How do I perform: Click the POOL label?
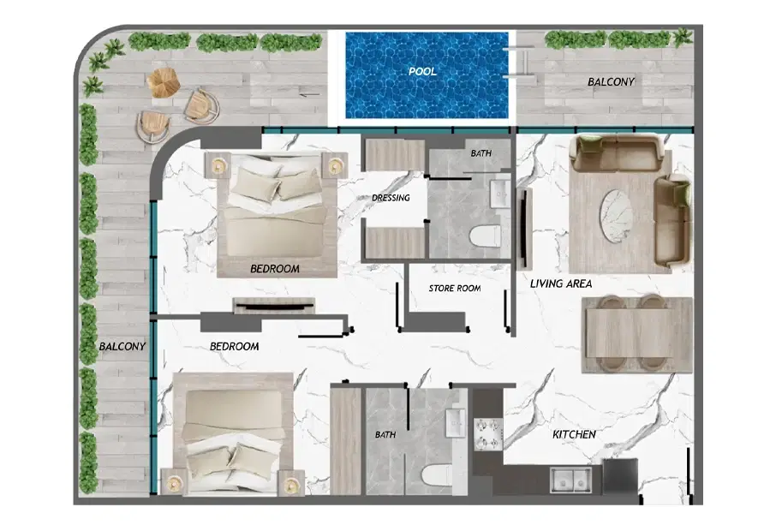click(421, 72)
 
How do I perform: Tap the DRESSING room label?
click(391, 198)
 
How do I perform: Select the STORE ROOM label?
click(454, 289)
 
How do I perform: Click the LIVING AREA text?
click(561, 283)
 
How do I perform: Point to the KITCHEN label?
click(574, 435)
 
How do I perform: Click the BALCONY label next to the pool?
click(611, 82)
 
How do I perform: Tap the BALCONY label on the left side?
click(122, 347)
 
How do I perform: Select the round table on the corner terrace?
click(162, 81)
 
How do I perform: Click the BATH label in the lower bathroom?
click(385, 435)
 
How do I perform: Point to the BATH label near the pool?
click(481, 154)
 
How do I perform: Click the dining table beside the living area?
click(637, 334)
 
